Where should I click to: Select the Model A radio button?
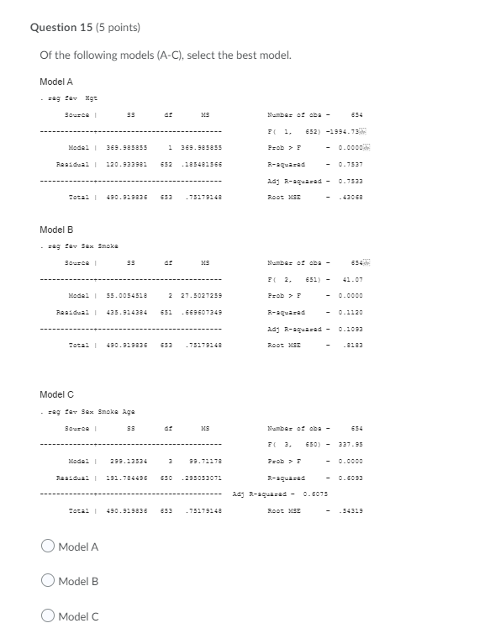(48, 547)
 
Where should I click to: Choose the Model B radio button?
(48, 581)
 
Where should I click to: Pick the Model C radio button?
(48, 616)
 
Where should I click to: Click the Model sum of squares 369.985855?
(123, 148)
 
